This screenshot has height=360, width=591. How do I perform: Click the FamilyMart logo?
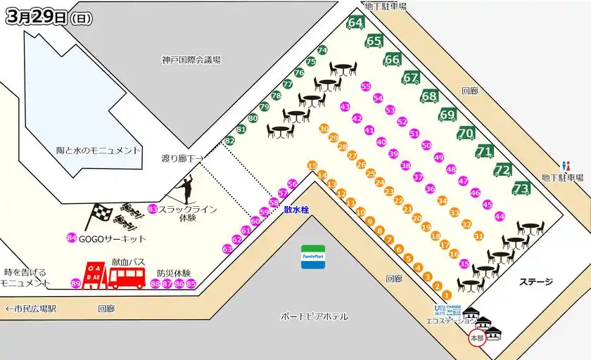(313, 253)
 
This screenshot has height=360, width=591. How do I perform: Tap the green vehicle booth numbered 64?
(355, 23)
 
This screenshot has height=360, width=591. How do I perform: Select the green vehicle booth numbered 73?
(521, 188)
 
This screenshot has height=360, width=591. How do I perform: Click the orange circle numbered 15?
(312, 166)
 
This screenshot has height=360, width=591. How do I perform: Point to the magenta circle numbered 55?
(365, 86)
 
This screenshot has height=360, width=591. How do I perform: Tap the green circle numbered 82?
(229, 141)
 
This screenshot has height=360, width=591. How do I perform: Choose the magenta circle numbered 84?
(71, 238)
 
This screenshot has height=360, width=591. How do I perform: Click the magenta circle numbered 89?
(76, 283)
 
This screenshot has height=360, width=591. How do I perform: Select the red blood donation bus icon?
(127, 277)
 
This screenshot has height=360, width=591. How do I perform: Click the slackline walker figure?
(187, 188)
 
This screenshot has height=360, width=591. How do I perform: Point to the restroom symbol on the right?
(565, 165)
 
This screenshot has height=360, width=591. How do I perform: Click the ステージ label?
(536, 282)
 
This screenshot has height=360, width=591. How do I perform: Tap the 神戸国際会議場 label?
(191, 60)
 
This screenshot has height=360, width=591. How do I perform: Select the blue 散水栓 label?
(296, 209)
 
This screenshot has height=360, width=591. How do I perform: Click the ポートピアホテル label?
(314, 316)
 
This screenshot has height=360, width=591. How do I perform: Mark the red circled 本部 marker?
(476, 338)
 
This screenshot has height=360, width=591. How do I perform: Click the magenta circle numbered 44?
(500, 217)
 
